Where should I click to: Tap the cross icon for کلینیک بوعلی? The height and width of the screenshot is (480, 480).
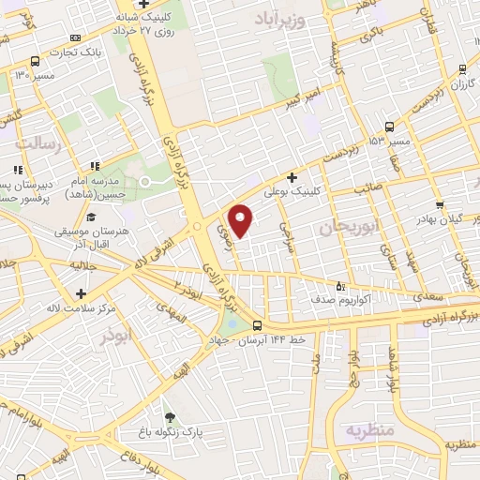coord(292,176)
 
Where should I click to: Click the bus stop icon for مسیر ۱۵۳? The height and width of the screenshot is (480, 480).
coord(389,126)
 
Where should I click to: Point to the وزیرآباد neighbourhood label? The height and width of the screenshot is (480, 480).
coord(281,19)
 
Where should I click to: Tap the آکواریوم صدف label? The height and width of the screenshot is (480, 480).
coord(372,301)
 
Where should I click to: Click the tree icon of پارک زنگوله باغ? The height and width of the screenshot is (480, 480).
coord(169,418)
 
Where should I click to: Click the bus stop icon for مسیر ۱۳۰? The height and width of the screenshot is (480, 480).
coord(35,58)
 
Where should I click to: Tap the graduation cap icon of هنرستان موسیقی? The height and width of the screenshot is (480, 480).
coord(90,217)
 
